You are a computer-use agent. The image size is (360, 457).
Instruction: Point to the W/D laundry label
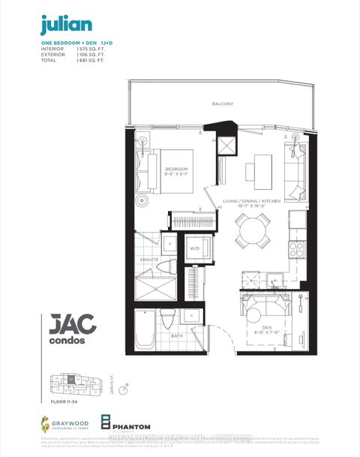click(194, 248)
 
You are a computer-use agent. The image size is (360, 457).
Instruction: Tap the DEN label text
click(265, 326)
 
